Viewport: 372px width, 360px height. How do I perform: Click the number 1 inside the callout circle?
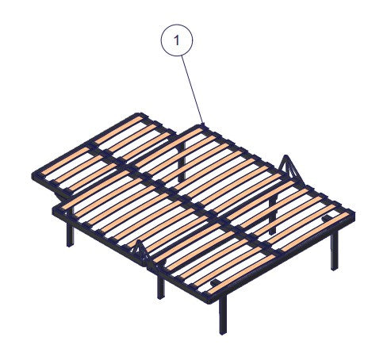[x=177, y=40]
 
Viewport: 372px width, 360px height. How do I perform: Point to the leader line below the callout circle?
[x=192, y=90]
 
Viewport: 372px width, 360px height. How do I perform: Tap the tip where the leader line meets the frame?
[x=203, y=124]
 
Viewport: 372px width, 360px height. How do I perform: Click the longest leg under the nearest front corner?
[x=223, y=315]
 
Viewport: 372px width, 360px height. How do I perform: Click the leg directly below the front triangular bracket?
[x=161, y=286]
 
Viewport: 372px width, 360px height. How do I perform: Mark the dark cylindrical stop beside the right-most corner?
[x=328, y=218]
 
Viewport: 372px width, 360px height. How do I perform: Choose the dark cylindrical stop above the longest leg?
[x=217, y=282]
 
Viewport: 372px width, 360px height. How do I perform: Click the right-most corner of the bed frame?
[x=353, y=212]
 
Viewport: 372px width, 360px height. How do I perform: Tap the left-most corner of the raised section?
[x=33, y=175]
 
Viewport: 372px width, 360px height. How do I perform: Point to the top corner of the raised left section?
[x=140, y=114]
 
